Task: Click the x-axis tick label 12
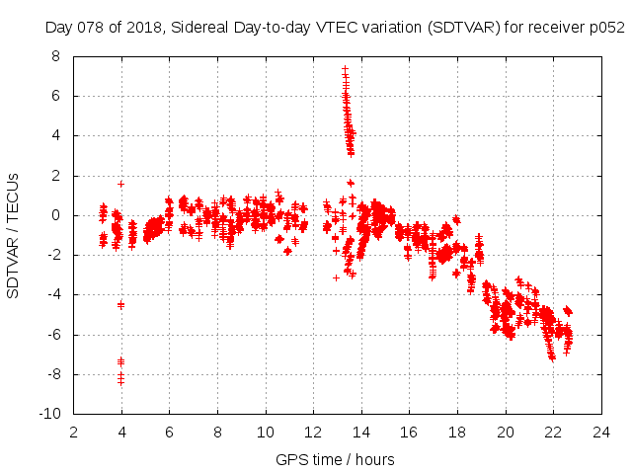313,432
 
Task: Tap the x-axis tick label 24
601,432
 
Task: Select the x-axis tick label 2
73,432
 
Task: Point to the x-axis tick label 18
457,432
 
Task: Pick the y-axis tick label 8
55,56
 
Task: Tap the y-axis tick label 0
55,215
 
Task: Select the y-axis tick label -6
52,335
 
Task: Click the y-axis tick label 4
55,136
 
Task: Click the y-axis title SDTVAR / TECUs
14,235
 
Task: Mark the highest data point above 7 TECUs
345,69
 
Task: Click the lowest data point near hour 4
120,381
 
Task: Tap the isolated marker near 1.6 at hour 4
120,184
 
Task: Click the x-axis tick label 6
169,432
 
